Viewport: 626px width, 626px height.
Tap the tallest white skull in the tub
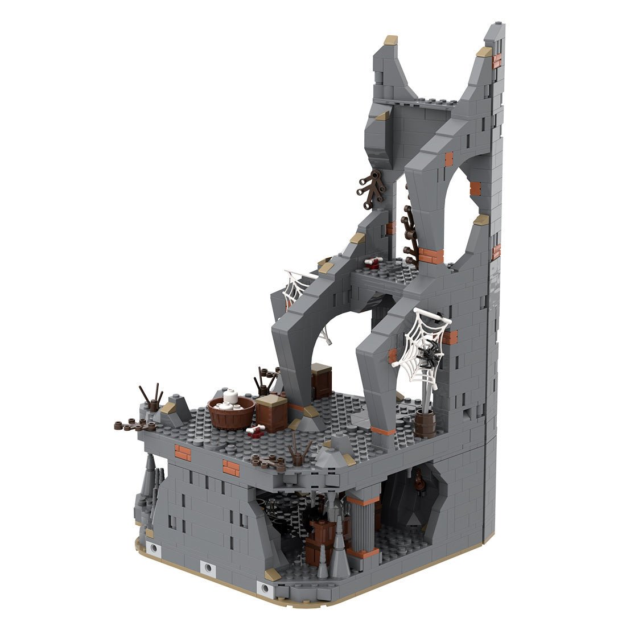(x=230, y=397)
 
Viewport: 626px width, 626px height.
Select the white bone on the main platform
(x=256, y=431)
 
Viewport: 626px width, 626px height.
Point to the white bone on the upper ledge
(x=373, y=262)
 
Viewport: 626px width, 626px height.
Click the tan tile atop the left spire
(x=390, y=40)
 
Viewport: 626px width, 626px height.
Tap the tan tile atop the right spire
(x=484, y=52)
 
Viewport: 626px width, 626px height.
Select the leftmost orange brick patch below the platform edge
(x=183, y=452)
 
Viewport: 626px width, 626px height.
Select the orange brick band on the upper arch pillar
(x=431, y=256)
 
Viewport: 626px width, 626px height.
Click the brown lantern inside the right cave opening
(x=419, y=481)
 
